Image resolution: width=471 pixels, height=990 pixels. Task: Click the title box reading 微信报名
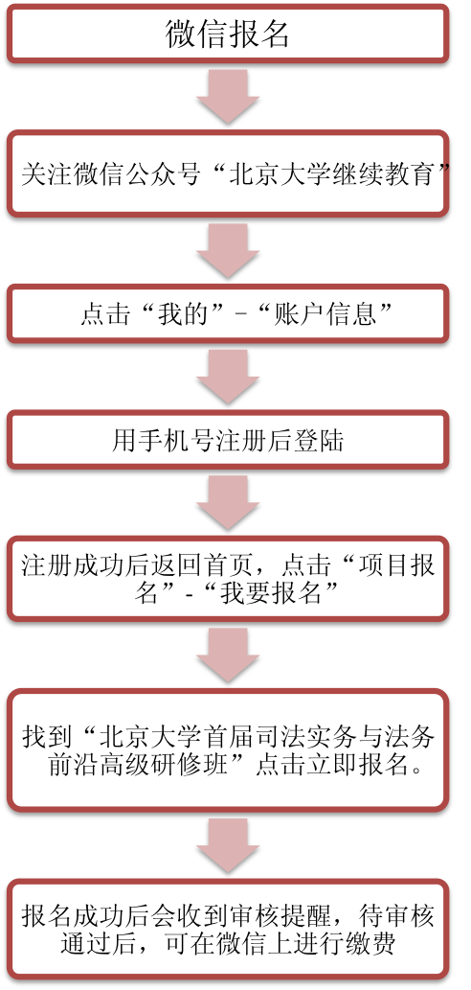(228, 35)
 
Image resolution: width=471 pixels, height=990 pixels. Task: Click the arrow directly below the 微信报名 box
(228, 96)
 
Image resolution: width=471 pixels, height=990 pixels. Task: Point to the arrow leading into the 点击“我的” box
(228, 251)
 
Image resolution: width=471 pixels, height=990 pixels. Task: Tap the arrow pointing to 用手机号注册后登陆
(228, 377)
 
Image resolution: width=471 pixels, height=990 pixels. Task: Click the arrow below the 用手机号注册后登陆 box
(228, 503)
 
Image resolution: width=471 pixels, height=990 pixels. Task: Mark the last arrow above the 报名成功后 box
(228, 846)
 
